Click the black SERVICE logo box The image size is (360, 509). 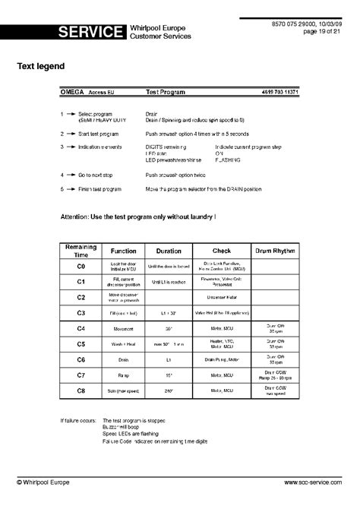pos(90,32)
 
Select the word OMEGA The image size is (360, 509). pos(72,91)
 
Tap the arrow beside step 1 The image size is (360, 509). pos(71,114)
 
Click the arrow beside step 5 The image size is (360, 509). pos(71,188)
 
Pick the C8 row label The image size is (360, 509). pos(81,390)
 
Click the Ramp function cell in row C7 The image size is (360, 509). pos(124,375)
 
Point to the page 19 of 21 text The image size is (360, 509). pos(324,32)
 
